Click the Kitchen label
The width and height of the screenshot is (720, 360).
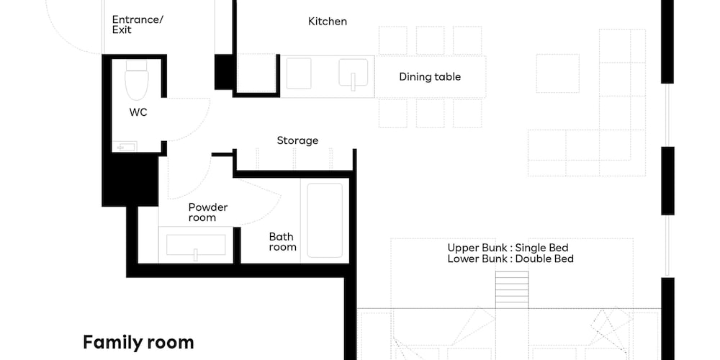pos(328,21)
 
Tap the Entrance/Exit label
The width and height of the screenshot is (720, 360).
pos(138,24)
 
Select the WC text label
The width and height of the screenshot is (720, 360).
pos(138,112)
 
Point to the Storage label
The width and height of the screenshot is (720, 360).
pos(297,140)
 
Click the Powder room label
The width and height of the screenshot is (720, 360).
pos(208,212)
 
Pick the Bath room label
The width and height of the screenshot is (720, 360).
pos(282,242)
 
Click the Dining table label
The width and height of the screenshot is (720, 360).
pos(430,77)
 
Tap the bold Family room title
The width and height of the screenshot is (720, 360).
pos(138,343)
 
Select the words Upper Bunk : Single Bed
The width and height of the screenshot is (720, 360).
pos(508,248)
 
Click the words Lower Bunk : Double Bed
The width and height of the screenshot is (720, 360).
pos(510,259)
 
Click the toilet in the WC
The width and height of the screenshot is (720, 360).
pos(137,80)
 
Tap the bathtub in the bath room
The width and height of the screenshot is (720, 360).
pos(325,220)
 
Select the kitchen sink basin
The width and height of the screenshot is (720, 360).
pos(354,73)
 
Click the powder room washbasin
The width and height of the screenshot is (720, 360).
pos(196,246)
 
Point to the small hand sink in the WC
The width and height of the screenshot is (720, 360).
pos(125,147)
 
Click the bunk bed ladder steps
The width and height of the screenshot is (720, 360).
pos(511,289)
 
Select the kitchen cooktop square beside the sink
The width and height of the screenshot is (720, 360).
pos(299,73)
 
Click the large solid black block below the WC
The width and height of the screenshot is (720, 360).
pos(130,180)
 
